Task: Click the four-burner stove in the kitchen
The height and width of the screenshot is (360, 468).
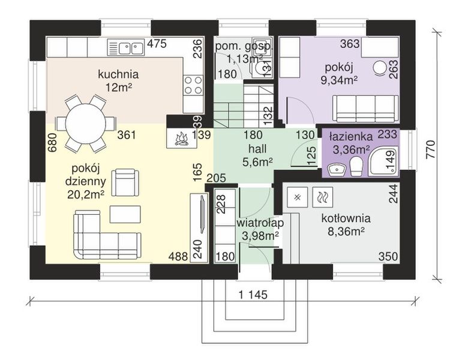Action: (x=193, y=86)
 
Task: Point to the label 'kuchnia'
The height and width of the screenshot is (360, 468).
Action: (x=119, y=75)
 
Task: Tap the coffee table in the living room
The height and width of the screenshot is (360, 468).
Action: (x=125, y=214)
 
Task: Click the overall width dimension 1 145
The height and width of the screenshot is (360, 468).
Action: (x=252, y=295)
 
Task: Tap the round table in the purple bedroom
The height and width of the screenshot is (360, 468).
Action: (x=380, y=68)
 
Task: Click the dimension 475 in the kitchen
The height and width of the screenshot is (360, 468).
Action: (x=157, y=43)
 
